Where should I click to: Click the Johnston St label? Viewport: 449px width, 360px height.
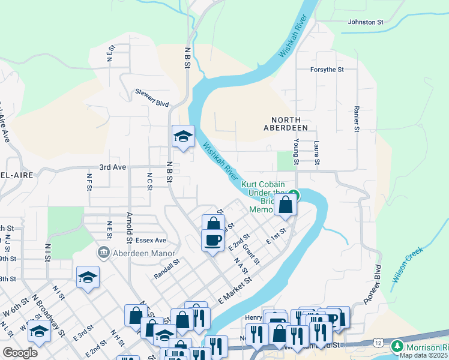(x=366, y=22)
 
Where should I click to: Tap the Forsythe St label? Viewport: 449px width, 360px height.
(x=327, y=70)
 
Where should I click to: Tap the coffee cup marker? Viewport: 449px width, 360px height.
(x=212, y=240)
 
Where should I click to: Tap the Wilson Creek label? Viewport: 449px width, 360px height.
(x=408, y=265)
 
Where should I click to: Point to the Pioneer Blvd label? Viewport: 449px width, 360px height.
(x=373, y=284)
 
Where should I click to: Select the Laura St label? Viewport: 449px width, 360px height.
(x=316, y=152)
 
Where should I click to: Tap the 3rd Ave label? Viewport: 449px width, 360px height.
(x=113, y=167)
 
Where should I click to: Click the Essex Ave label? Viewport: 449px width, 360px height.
(x=150, y=240)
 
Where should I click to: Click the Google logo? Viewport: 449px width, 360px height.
(x=20, y=353)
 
